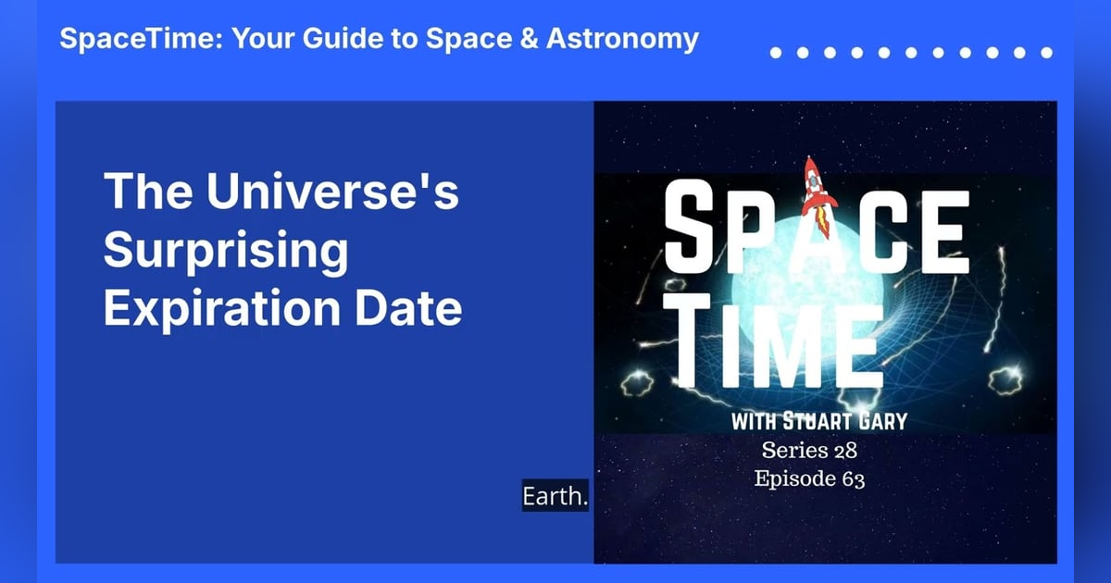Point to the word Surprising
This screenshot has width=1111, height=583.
226,251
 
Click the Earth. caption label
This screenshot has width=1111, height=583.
555,497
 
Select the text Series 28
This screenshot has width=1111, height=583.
809,452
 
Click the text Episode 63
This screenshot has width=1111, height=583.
809,479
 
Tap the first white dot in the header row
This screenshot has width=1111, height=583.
776,53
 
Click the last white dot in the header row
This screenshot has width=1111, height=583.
1047,53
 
